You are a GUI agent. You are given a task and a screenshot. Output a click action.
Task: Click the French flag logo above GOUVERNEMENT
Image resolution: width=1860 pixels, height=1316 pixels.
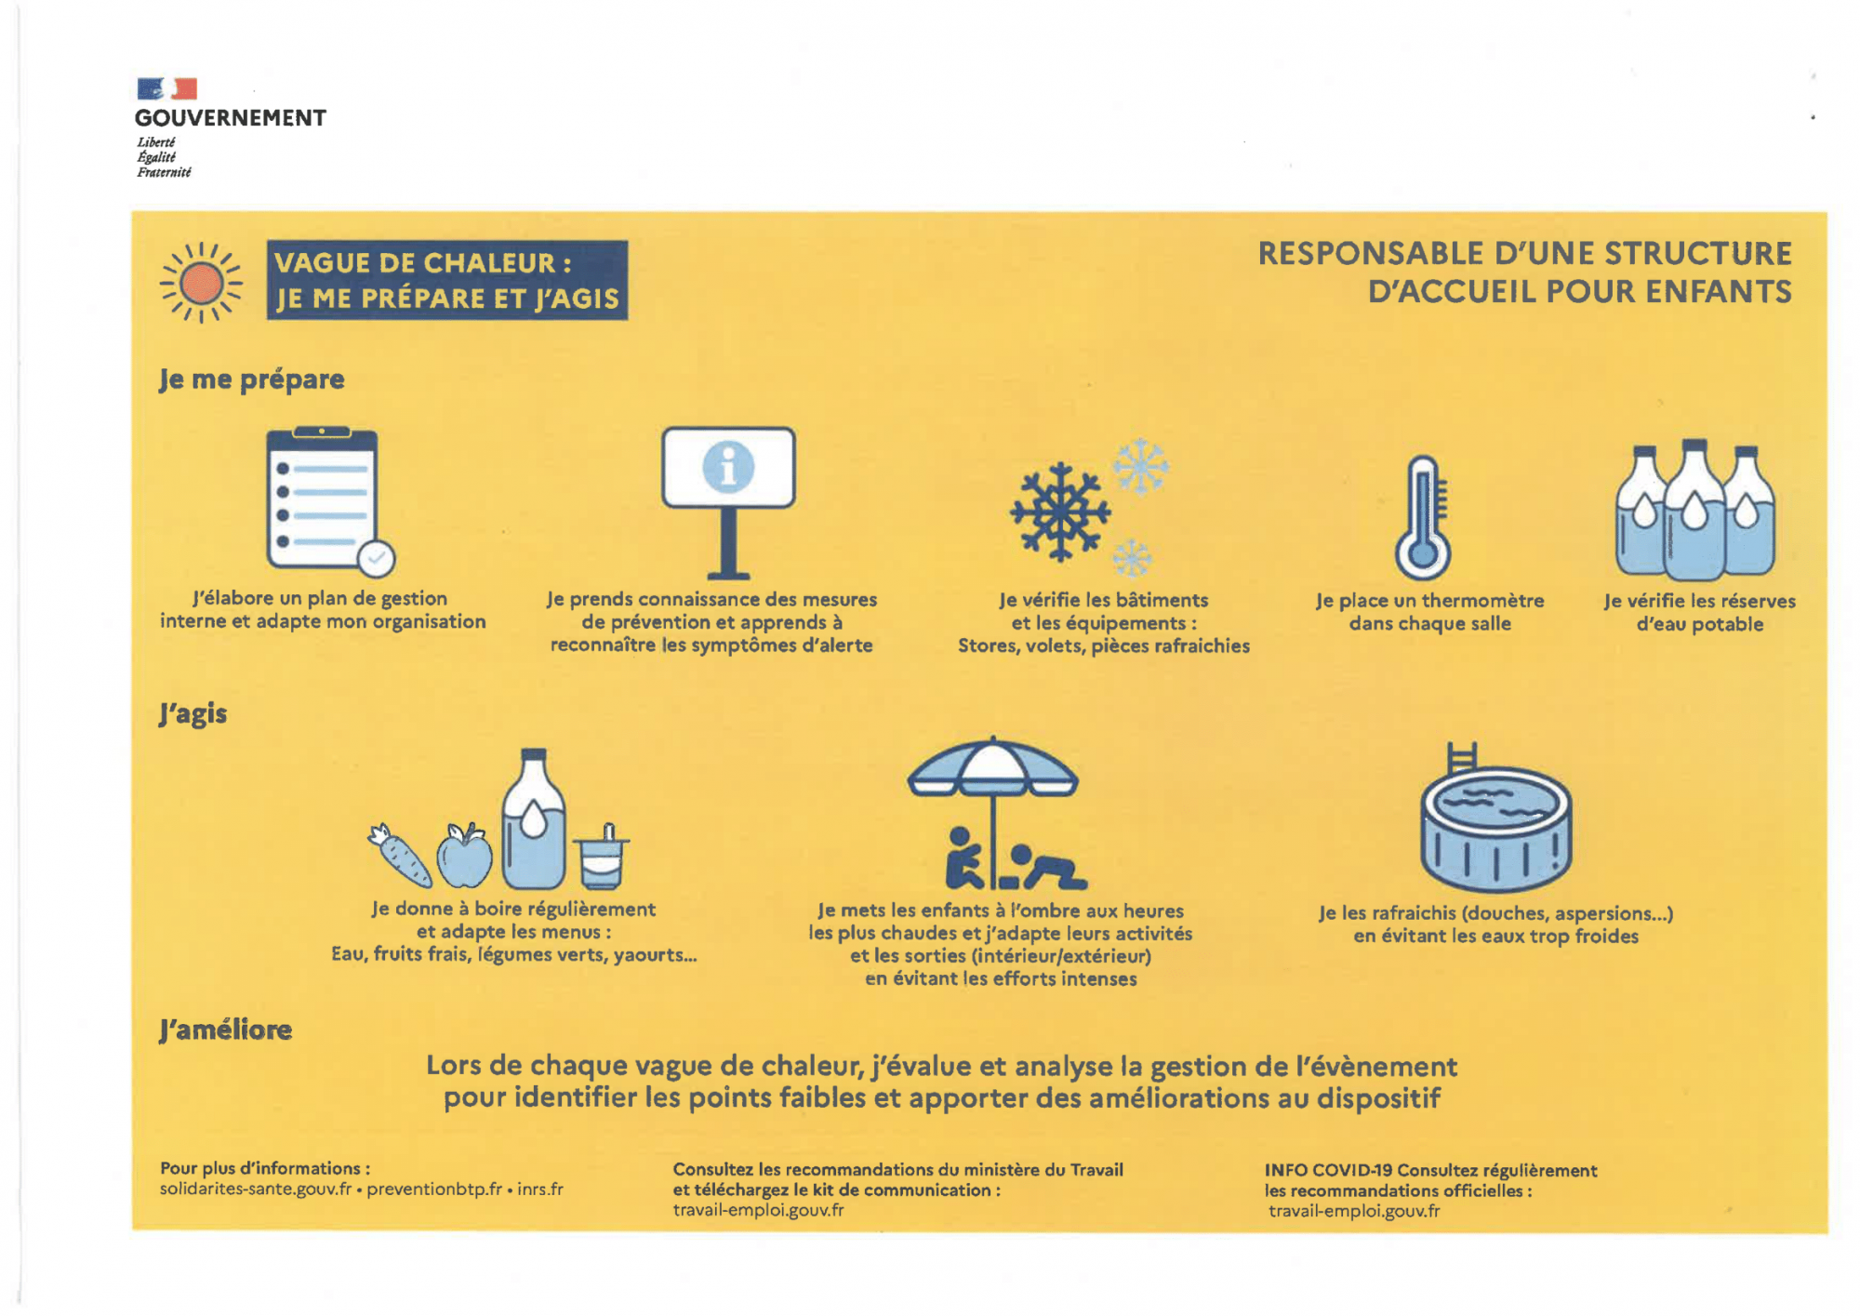[167, 88]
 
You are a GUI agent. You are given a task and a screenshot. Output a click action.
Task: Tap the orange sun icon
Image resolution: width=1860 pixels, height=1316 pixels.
[201, 283]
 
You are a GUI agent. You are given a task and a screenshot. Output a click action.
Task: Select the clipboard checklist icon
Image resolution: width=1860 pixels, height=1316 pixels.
[324, 498]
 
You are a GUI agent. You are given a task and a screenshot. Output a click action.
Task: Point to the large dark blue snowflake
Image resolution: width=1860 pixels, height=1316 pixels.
[1060, 512]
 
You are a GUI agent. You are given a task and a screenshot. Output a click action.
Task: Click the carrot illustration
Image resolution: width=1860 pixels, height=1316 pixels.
[402, 856]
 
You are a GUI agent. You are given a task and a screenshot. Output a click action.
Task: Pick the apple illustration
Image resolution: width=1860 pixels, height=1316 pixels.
[464, 856]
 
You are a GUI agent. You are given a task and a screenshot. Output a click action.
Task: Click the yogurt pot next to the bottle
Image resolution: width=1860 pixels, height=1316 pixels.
[602, 860]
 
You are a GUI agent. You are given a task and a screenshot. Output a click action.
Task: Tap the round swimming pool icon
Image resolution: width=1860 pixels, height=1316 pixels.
[1495, 828]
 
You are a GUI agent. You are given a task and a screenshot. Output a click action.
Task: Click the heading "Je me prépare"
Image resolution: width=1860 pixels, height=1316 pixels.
[251, 379]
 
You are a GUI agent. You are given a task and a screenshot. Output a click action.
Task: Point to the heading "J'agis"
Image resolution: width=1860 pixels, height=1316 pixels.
[193, 714]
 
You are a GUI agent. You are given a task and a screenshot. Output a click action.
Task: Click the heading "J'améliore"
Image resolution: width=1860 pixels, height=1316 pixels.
[225, 1030]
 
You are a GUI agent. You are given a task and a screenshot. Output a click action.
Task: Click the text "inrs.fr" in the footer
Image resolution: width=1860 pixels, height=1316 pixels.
[540, 1190]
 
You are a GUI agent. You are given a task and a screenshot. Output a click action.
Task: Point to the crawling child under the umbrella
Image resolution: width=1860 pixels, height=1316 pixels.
[1048, 868]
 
